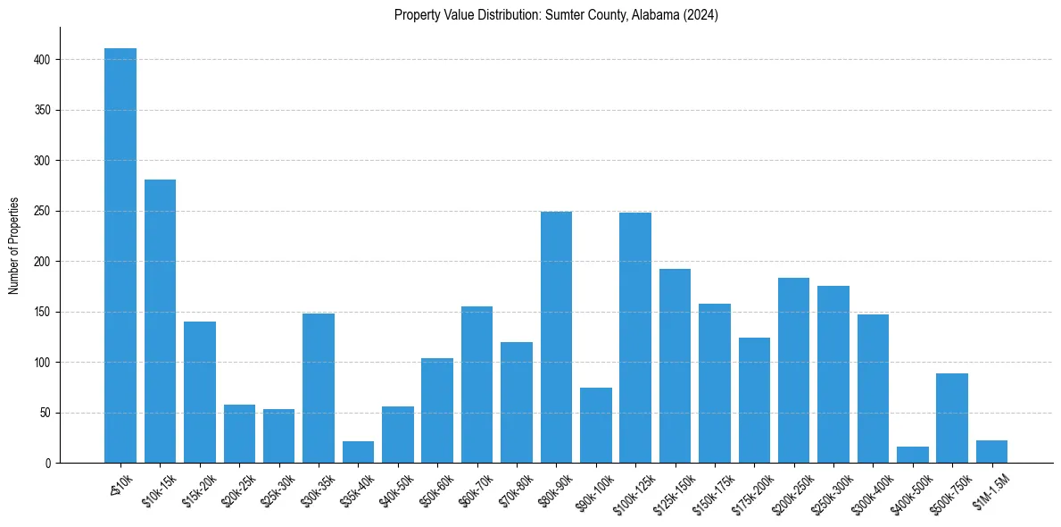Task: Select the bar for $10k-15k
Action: coord(160,322)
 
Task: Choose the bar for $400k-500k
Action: coord(912,456)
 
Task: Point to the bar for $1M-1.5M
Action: coord(991,452)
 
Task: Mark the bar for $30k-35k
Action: coord(319,389)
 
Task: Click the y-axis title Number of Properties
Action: coord(14,246)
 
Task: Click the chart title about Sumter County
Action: coord(556,15)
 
